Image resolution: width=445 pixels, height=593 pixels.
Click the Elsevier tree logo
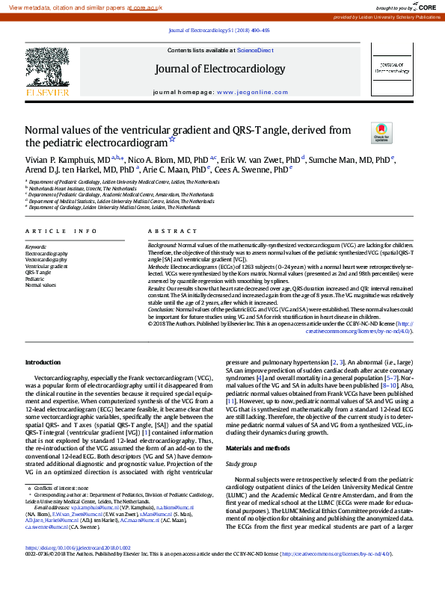[47, 70]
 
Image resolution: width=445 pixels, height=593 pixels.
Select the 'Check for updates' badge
[381, 134]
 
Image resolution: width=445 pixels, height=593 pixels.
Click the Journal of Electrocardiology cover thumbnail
[392, 72]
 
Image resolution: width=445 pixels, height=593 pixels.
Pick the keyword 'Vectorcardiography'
[52, 259]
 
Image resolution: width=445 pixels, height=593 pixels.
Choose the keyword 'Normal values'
[41, 285]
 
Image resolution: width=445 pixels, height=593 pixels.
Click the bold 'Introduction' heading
[43, 361]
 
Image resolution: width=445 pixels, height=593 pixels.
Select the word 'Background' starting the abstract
[162, 245]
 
